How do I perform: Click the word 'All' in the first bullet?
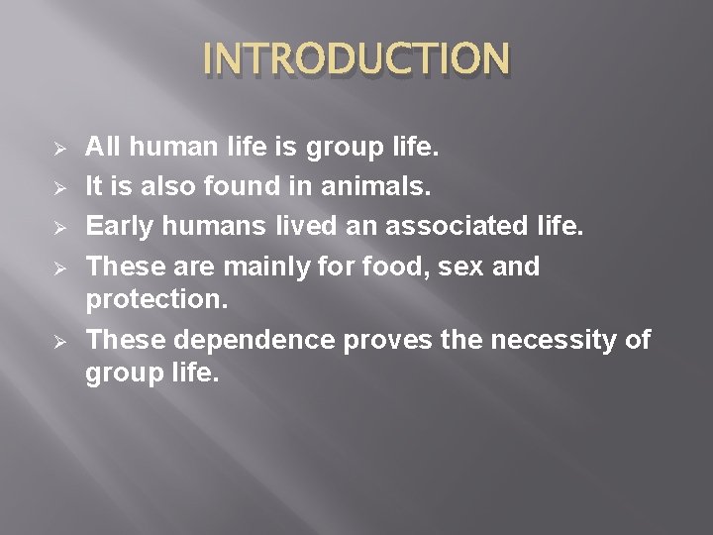coord(102,148)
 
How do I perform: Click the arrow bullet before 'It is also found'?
coord(58,185)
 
